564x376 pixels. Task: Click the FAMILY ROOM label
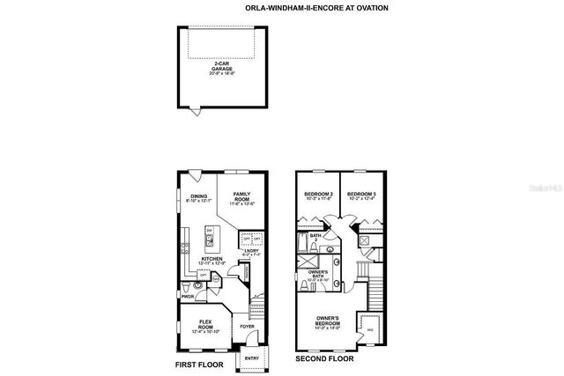pyautogui.click(x=241, y=199)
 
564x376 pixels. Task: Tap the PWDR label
pyautogui.click(x=187, y=298)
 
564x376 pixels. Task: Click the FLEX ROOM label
pyautogui.click(x=206, y=325)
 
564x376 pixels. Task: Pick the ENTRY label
pyautogui.click(x=251, y=358)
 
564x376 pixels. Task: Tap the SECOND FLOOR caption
pyautogui.click(x=325, y=358)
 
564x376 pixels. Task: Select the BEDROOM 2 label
pyautogui.click(x=318, y=196)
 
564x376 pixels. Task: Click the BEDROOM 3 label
pyautogui.click(x=360, y=196)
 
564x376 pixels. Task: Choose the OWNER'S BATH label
pyautogui.click(x=319, y=277)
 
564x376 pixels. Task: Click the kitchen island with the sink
pyautogui.click(x=210, y=236)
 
